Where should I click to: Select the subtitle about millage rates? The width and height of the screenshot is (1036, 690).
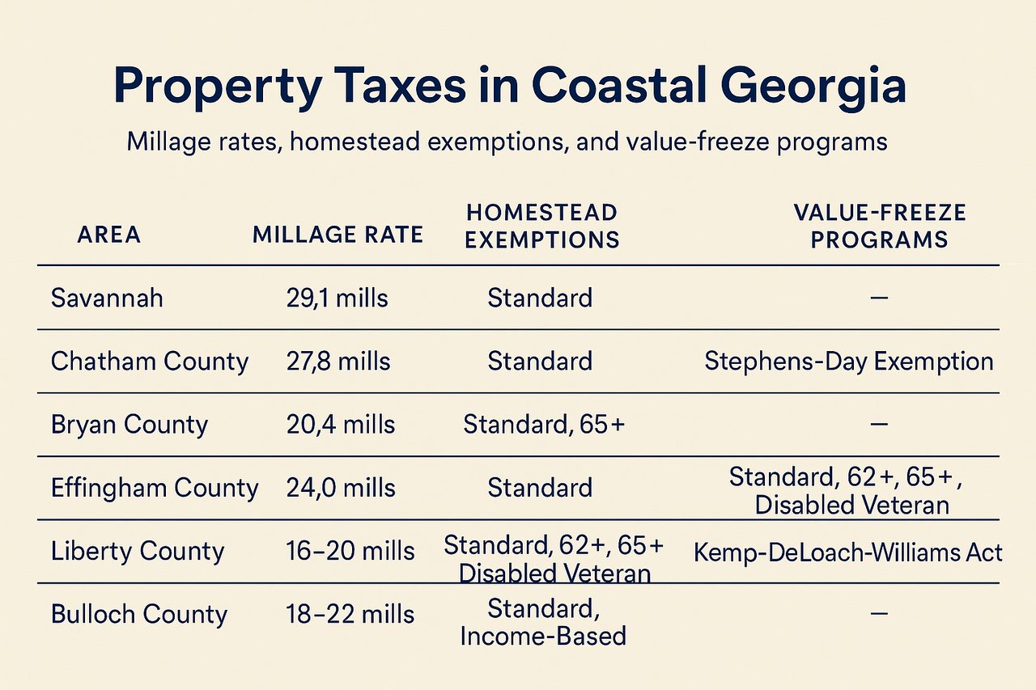tap(507, 142)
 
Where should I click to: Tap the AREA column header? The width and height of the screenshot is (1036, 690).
tap(108, 235)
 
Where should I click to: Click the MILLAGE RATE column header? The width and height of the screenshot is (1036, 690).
tap(338, 235)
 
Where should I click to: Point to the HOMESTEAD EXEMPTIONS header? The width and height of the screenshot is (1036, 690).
tap(542, 226)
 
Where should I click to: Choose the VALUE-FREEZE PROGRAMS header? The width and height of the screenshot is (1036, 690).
tap(879, 226)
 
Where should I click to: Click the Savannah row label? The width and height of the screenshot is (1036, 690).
tap(107, 298)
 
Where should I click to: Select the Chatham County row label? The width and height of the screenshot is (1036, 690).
tap(150, 361)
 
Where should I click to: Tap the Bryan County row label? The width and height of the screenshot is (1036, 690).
tap(129, 425)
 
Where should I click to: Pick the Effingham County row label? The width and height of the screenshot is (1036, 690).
tap(155, 488)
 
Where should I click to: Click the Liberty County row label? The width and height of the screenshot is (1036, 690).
tap(138, 551)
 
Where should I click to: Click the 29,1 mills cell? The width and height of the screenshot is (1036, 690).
tap(337, 298)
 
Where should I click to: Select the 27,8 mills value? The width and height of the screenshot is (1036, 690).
tap(338, 361)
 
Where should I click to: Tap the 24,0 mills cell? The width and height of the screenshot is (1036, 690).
tap(341, 488)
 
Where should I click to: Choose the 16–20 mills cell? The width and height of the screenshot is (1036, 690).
tap(350, 551)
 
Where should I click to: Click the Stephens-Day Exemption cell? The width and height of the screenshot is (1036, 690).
tap(849, 361)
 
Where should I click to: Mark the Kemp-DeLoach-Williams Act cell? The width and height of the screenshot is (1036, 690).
tap(848, 552)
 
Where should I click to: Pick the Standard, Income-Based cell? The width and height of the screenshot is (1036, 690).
tap(543, 621)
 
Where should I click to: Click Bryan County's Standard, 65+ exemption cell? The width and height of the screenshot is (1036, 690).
tap(544, 425)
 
